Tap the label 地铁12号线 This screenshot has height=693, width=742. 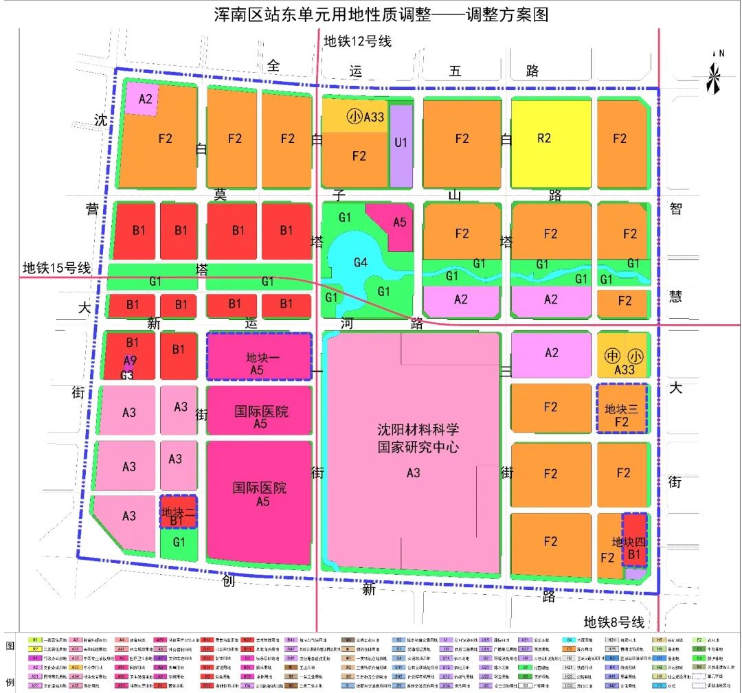point(357,41)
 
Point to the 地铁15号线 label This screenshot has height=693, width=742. point(56,268)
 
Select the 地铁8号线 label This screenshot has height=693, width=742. point(614,622)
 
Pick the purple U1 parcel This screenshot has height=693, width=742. point(401,144)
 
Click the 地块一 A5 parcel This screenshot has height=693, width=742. point(259,356)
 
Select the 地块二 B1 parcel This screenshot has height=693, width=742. point(178,512)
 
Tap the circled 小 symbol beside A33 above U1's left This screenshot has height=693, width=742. point(354,117)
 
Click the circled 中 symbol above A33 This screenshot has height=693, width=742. point(610,356)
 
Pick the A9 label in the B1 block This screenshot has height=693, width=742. point(130,360)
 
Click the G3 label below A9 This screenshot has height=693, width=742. point(126,375)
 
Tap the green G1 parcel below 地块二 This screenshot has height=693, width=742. point(179,543)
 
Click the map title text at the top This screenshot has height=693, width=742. point(371,14)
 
